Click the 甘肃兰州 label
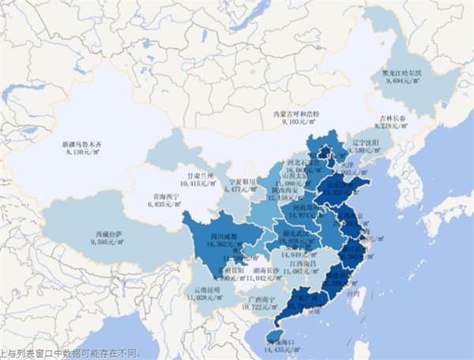click(198, 174)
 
